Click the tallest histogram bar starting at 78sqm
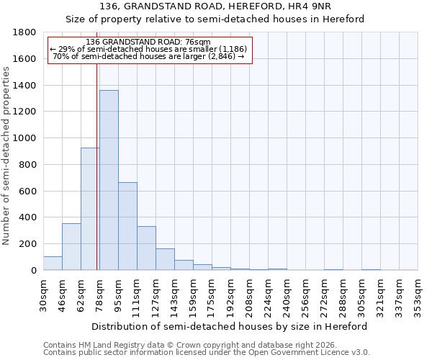(x=109, y=180)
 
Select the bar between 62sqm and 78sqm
(x=90, y=209)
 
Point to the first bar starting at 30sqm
(x=53, y=264)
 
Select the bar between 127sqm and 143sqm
(x=165, y=260)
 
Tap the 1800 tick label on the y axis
(x=25, y=32)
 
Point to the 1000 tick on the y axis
(x=25, y=138)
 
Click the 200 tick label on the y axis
(x=28, y=244)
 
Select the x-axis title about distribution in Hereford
(x=230, y=326)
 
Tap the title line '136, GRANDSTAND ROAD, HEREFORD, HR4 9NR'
(x=215, y=6)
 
